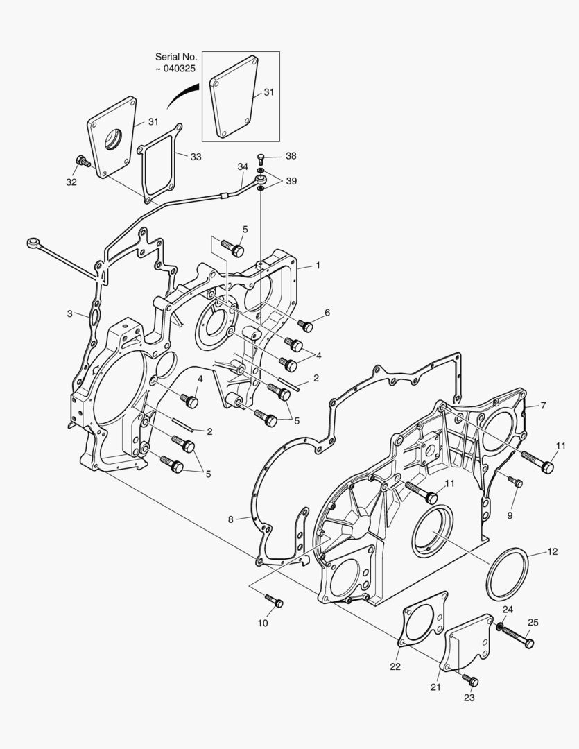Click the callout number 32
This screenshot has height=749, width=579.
[71, 182]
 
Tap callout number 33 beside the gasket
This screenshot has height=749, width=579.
[196, 157]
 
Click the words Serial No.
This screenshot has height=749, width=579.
[176, 57]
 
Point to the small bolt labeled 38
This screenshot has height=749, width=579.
[260, 159]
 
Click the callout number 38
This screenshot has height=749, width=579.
[291, 156]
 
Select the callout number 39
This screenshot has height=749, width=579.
[291, 181]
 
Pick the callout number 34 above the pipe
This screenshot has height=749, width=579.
[243, 166]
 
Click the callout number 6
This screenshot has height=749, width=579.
[327, 313]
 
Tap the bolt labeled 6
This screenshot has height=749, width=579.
[305, 326]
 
